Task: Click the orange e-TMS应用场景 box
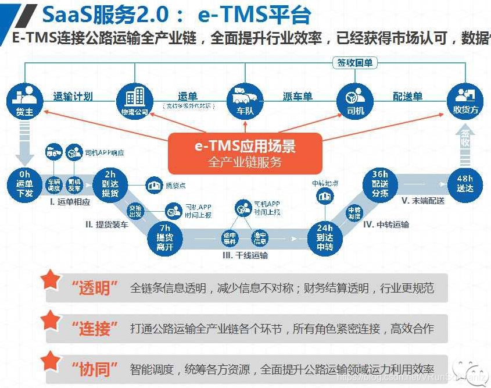coord(245,153)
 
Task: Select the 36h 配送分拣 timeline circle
coord(381,184)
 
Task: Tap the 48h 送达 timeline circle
coord(465,184)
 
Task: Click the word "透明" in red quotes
coord(95,289)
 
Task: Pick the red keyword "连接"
coord(95,329)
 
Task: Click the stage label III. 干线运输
coord(245,255)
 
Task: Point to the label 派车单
coord(298,97)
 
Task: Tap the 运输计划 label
coord(73,97)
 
